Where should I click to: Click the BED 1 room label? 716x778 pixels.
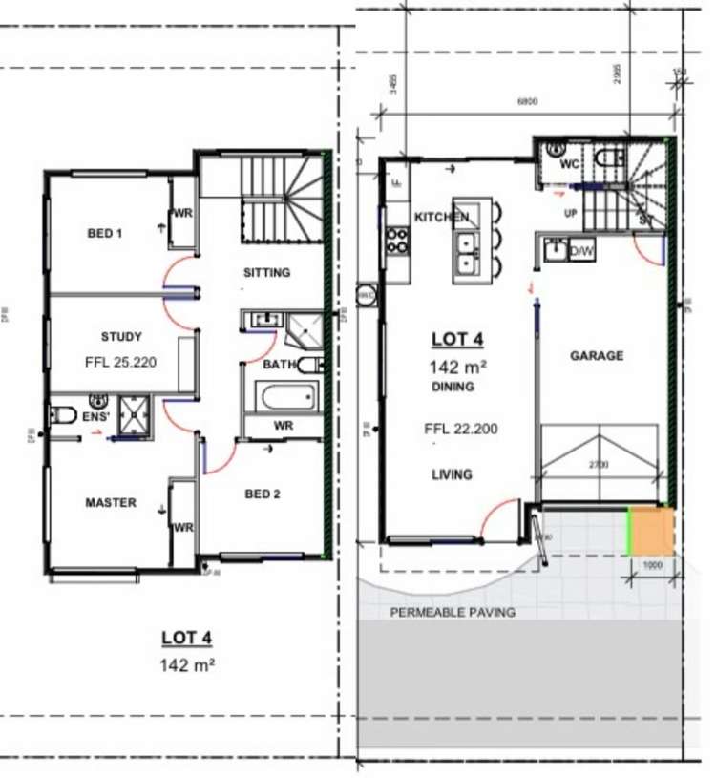coord(105,233)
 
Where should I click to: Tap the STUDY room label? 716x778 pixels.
coord(121,337)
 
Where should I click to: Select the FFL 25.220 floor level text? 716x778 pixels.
coord(121,363)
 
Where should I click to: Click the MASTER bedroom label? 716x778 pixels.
coord(111,503)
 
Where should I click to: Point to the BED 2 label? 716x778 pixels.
coord(263,494)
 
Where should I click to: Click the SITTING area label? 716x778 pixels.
coord(266,273)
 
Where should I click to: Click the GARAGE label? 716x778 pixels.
coord(597,356)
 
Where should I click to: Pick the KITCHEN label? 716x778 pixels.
coord(441,218)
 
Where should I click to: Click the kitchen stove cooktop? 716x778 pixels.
coord(396,240)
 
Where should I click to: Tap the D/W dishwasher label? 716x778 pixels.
coord(580,252)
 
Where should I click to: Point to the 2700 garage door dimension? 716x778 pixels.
coord(598,465)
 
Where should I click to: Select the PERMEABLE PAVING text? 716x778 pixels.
coord(453,612)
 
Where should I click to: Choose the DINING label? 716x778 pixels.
coord(453,387)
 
